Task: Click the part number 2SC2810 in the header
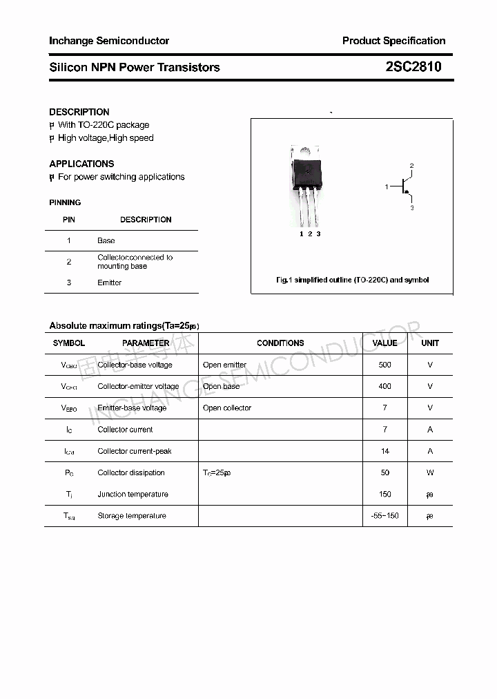[x=413, y=67]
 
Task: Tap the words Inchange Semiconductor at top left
[x=109, y=41]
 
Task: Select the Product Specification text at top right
[x=393, y=41]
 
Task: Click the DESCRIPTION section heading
[x=79, y=112]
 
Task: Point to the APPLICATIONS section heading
[x=81, y=164]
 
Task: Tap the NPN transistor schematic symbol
[x=404, y=186]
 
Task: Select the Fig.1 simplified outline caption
[x=352, y=280]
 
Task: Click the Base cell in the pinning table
[x=106, y=240]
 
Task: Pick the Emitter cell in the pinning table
[x=109, y=283]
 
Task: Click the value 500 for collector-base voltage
[x=384, y=365]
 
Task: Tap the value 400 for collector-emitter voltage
[x=384, y=386]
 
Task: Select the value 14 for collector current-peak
[x=384, y=451]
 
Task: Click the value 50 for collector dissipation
[x=384, y=472]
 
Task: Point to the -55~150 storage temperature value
[x=384, y=516]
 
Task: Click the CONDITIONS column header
[x=280, y=343]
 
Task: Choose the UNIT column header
[x=430, y=343]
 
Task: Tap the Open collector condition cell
[x=227, y=408]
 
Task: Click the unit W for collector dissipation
[x=430, y=472]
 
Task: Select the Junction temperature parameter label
[x=133, y=495]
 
